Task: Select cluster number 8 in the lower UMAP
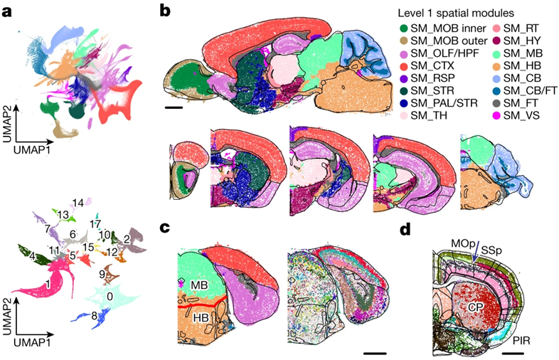[94, 314]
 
